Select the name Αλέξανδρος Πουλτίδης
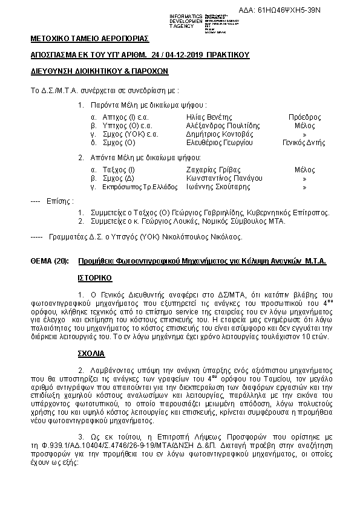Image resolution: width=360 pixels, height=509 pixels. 223,126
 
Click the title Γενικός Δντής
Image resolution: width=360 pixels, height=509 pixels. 304,143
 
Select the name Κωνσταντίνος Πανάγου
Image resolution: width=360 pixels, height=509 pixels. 224,179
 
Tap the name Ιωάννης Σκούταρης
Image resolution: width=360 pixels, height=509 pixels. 218,187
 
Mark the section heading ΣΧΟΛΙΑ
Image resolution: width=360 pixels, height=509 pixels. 91,352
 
